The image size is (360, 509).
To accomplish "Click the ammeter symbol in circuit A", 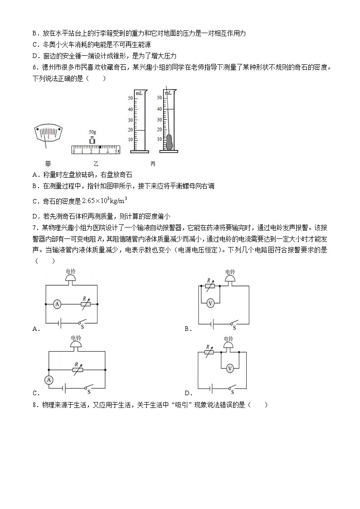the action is [58, 304].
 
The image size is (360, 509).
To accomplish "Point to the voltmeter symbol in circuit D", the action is [230, 368].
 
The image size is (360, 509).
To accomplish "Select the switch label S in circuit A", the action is [82, 327].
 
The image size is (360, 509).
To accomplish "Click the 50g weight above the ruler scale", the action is [92, 140].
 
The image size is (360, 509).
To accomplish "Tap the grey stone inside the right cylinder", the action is [169, 142].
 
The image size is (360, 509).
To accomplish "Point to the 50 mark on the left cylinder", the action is [130, 98].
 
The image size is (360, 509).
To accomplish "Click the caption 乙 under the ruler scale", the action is [96, 164].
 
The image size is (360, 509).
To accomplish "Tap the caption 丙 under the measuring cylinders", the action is [153, 164].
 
